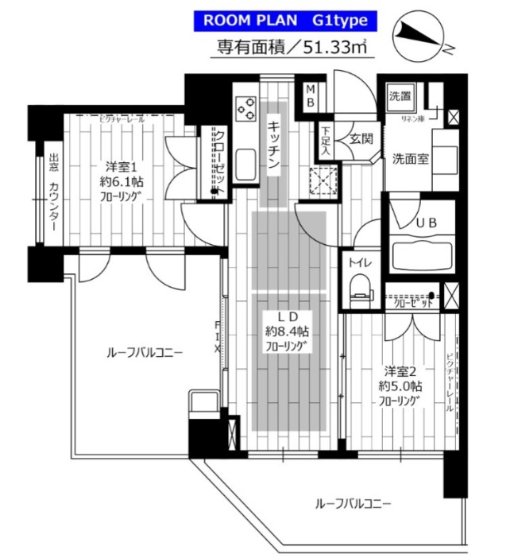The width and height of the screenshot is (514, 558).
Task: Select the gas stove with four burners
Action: tap(245, 107)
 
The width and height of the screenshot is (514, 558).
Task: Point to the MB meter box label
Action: tap(311, 96)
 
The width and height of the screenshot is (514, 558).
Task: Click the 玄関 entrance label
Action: tap(357, 139)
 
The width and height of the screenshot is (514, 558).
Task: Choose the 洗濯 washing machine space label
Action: tap(400, 97)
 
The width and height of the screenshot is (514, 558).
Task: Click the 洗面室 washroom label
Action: tap(410, 157)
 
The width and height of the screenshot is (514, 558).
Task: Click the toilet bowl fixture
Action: tap(361, 285)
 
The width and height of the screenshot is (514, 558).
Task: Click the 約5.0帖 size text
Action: tap(400, 386)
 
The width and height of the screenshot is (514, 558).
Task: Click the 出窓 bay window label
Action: tap(54, 162)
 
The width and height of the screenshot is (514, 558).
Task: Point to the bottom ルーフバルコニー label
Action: tap(354, 504)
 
